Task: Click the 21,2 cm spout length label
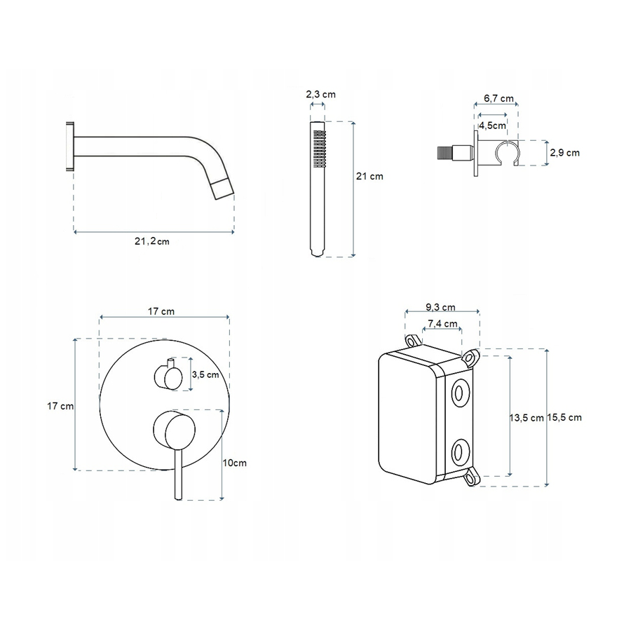pos(151,241)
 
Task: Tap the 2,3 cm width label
pos(320,95)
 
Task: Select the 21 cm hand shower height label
pos(369,176)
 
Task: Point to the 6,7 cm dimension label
pos(498,98)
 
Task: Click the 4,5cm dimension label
pos(492,125)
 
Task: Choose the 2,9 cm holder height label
pos(564,153)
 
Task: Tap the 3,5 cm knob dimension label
pos(205,374)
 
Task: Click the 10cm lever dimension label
pos(235,463)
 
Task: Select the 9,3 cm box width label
pos(441,308)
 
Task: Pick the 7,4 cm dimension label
pos(442,323)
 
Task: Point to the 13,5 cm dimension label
pos(527,418)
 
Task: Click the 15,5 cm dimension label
pos(564,418)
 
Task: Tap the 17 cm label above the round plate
pos(161,311)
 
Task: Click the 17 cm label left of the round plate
pos(60,406)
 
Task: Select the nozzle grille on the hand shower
pos(319,148)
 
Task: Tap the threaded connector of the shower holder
pos(447,154)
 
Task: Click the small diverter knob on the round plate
pos(168,376)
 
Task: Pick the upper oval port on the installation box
pos(459,393)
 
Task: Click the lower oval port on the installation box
pos(459,451)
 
